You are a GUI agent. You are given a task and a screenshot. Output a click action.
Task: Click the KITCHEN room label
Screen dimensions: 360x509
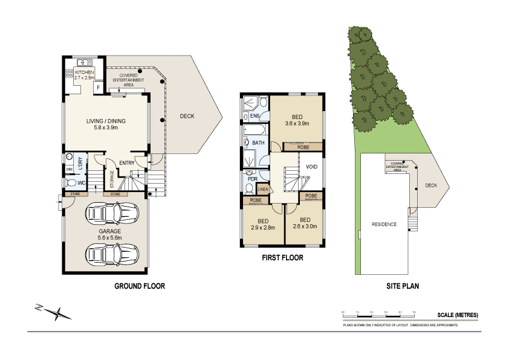point(85,72)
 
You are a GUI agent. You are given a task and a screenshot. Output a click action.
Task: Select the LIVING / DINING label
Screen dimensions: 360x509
point(106,121)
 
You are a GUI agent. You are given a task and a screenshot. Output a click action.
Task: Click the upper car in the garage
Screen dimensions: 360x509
point(112,213)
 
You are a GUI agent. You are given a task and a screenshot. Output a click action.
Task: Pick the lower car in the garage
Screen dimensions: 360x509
point(112,254)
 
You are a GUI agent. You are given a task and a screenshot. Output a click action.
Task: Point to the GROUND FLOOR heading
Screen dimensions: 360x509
point(140,286)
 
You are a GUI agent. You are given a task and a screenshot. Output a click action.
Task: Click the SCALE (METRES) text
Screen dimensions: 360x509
point(458,315)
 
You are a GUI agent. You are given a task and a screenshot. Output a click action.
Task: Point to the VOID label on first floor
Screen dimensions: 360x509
point(312,166)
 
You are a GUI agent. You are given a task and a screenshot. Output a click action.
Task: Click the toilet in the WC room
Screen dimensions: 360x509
point(71,183)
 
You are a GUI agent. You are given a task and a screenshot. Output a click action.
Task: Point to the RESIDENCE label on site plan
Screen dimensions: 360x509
point(384,224)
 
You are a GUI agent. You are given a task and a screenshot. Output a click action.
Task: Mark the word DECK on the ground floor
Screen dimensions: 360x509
point(187,117)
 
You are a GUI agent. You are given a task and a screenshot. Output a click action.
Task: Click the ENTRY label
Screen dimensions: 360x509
point(127,162)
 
